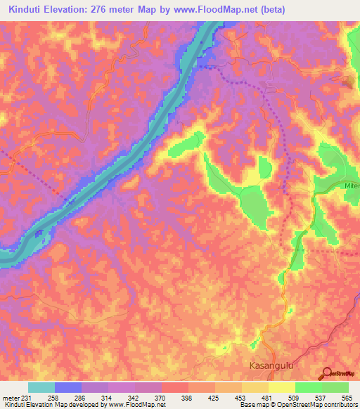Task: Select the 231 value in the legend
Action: click(27, 397)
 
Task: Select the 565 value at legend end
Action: click(347, 397)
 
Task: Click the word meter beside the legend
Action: click(11, 397)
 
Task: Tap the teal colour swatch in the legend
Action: click(41, 387)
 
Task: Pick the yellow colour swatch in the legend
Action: click(281, 387)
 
